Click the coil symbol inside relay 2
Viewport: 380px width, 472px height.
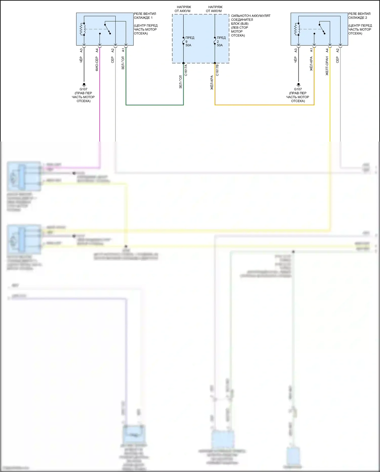[297, 29]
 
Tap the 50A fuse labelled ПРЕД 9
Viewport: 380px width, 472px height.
[183, 41]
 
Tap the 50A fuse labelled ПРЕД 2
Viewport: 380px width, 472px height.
[215, 41]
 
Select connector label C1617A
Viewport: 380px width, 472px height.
[186, 70]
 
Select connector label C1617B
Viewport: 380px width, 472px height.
[217, 70]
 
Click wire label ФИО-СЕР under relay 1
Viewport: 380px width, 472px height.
[97, 64]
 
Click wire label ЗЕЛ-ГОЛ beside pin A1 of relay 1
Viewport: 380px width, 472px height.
[123, 63]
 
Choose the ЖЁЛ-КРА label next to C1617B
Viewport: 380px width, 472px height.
[212, 83]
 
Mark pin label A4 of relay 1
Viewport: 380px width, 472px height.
[97, 51]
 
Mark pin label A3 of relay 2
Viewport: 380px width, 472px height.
[296, 51]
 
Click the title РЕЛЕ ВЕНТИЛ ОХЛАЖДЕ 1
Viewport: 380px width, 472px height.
[145, 16]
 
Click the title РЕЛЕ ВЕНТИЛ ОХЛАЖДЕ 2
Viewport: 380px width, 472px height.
[359, 16]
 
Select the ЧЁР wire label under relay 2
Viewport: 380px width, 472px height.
[296, 60]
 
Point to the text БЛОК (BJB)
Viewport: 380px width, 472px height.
[240, 24]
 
